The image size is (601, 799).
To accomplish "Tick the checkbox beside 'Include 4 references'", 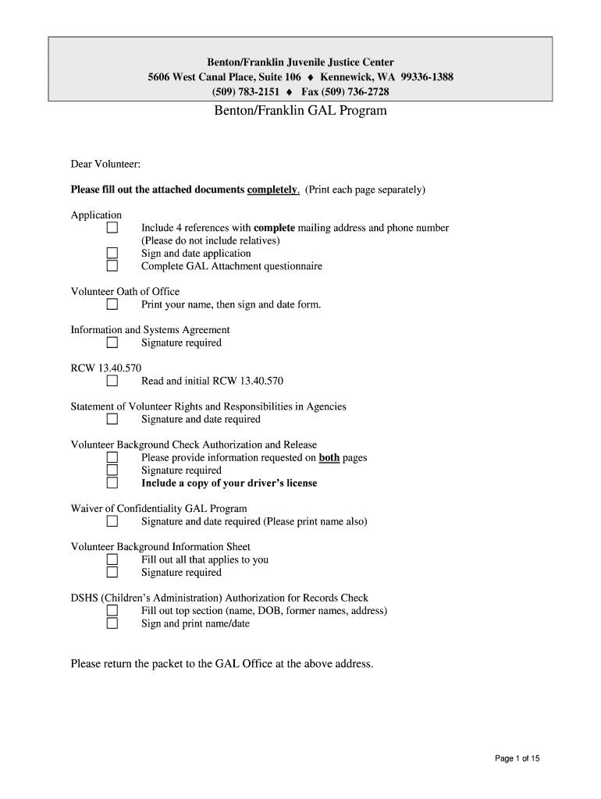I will point(112,228).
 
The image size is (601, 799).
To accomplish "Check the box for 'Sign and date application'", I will point(112,254).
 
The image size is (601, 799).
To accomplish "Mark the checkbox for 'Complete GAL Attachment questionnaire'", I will point(112,266).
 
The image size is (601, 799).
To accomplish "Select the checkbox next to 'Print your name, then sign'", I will point(112,304).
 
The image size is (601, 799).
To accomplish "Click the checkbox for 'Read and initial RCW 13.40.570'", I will point(112,382).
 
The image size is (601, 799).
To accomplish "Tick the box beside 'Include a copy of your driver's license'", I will point(112,483).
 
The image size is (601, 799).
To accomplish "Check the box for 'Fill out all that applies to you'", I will point(112,559).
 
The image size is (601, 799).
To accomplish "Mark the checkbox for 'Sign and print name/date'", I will point(112,623).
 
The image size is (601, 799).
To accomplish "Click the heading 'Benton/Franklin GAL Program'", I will point(300,111).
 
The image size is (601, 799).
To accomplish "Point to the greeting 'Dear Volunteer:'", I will point(105,164).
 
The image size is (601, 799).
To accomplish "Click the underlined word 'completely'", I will point(272,190).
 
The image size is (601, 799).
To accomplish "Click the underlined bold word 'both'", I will point(329,458).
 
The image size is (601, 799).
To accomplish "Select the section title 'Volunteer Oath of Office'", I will point(125,292).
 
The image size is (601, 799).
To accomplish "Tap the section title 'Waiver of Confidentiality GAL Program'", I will point(158,509).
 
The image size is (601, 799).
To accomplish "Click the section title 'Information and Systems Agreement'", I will point(150,330).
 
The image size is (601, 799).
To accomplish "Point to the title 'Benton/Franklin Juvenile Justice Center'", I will point(300,62).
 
